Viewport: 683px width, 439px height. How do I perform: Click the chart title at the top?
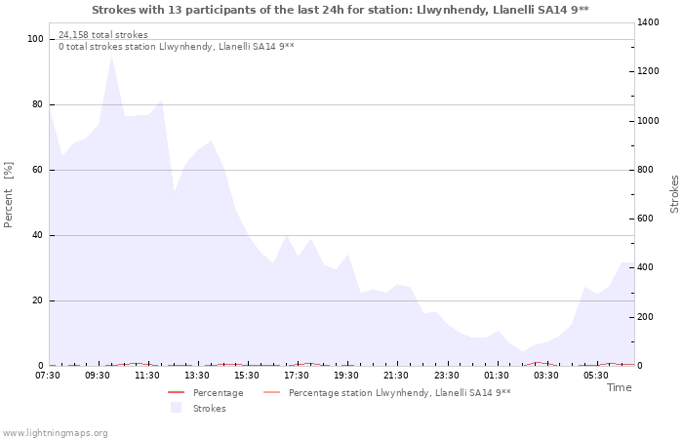[x=341, y=10]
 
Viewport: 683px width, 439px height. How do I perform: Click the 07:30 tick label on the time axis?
[x=48, y=376]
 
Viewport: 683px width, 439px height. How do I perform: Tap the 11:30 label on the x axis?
[x=147, y=376]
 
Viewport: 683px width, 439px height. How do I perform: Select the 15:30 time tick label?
[x=247, y=376]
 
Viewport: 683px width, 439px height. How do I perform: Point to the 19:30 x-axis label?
[x=346, y=376]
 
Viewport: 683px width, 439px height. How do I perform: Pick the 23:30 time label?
[x=446, y=376]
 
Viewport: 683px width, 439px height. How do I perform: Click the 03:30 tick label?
[x=545, y=376]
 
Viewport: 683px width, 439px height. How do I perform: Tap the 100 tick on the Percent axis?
[x=35, y=39]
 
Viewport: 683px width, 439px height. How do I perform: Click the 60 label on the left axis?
[x=38, y=170]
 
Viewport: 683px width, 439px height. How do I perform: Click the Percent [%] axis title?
[x=9, y=195]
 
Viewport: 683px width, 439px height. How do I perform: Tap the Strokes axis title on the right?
[x=674, y=194]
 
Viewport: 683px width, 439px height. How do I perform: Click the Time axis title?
[x=619, y=387]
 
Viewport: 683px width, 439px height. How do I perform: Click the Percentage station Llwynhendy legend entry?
[x=399, y=392]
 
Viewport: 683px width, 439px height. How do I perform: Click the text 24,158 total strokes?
[x=103, y=35]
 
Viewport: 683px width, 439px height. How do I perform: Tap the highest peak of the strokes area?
[x=112, y=56]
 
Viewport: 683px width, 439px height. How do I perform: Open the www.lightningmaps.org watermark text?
[x=56, y=432]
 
